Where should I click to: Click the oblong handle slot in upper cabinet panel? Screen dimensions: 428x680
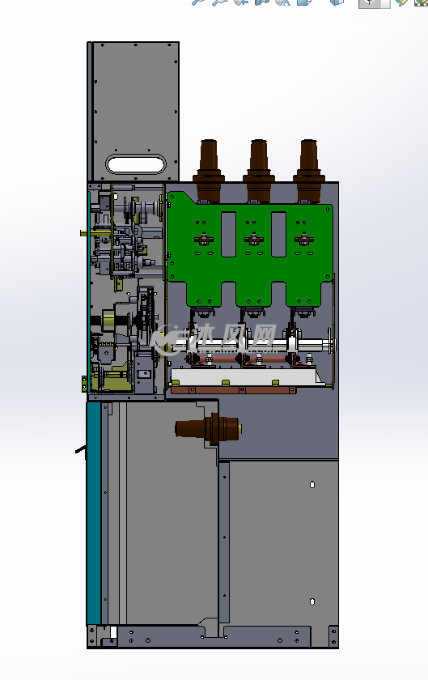pos(136,164)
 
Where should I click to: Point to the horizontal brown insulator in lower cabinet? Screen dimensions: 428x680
pos(208,429)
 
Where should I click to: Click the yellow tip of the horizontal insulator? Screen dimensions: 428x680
pos(239,429)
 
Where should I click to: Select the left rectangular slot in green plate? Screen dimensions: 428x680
pos(228,234)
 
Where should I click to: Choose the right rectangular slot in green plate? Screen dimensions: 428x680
pos(279,234)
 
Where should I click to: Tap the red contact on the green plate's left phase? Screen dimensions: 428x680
pos(203,239)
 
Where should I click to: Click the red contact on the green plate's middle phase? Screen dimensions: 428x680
pos(254,239)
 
